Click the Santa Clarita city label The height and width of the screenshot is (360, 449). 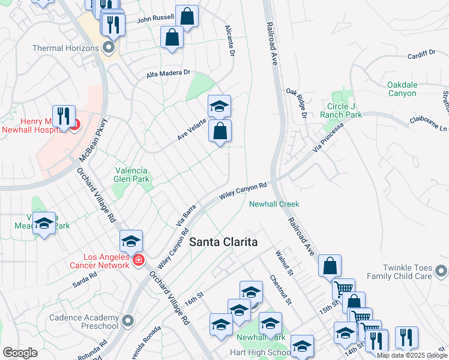point(223,242)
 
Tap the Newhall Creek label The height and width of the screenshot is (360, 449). point(274,204)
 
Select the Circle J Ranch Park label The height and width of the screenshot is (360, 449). point(345,110)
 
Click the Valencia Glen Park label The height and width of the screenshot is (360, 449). point(131,174)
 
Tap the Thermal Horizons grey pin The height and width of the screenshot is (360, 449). point(109,46)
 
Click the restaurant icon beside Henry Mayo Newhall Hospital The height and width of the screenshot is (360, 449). point(63,116)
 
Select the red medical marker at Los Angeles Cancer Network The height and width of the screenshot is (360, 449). point(139,260)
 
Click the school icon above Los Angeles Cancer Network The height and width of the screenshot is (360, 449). point(131,241)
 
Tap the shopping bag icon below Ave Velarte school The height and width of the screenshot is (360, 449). point(220,130)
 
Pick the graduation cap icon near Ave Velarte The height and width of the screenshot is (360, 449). point(219,107)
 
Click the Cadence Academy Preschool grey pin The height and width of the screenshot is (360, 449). point(127,321)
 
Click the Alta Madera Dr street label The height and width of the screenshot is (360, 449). point(168,74)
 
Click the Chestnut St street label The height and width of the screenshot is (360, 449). point(280,289)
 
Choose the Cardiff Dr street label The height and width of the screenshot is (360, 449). point(421,54)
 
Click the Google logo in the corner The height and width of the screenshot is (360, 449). point(20,352)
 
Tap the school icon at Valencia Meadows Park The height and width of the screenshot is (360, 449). point(44,224)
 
